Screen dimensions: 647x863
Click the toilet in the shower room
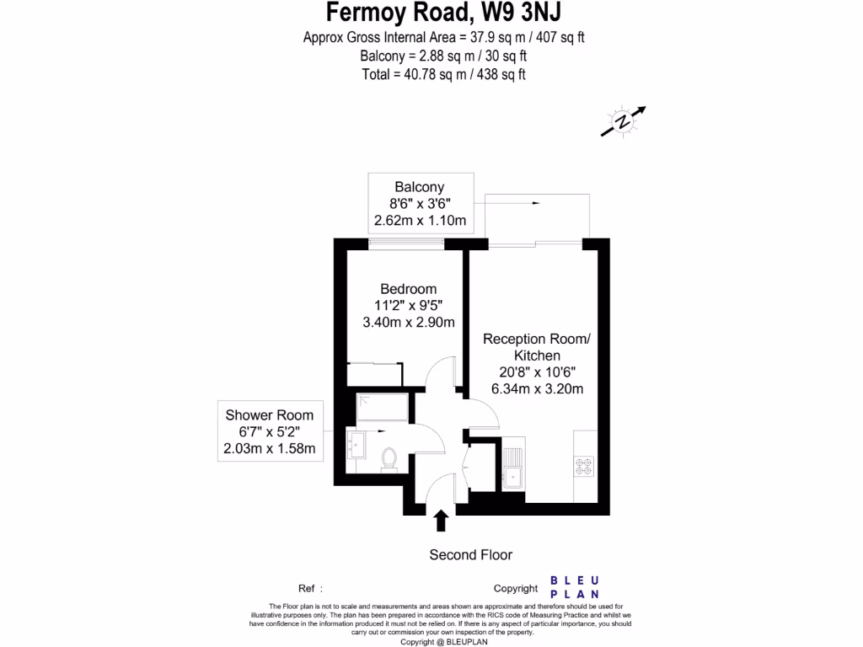pos(389,458)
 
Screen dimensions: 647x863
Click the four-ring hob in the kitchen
pos(583,464)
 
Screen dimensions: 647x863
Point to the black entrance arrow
pos(440,521)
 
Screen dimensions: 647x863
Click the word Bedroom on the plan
pos(408,289)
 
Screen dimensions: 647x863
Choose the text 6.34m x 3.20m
pos(538,388)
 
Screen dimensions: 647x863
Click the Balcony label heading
pos(420,187)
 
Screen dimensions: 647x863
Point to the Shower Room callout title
pos(269,414)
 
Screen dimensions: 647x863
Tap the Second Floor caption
pos(470,554)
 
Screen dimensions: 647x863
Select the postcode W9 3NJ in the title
pos(512,13)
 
